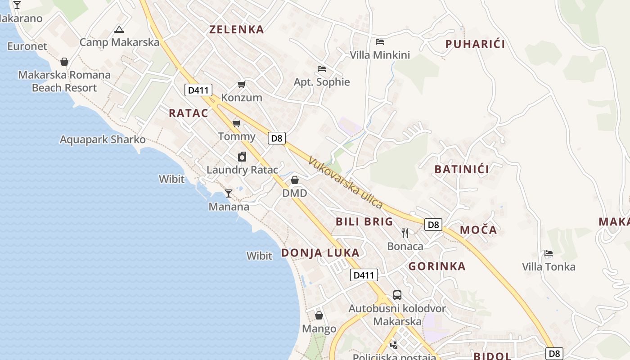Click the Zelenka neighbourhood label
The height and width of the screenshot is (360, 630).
(237, 30)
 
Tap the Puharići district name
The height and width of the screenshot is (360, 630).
(475, 44)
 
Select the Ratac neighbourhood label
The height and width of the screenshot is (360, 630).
(189, 113)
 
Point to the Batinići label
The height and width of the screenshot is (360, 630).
(462, 170)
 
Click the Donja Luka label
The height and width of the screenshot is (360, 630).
(320, 253)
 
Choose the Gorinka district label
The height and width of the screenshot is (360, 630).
(437, 266)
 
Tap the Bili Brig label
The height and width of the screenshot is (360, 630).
(364, 221)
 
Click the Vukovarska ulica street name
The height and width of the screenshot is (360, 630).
(346, 182)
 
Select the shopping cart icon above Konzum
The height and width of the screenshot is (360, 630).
(242, 84)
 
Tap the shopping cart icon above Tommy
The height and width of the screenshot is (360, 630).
(236, 123)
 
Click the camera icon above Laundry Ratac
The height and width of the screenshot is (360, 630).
(242, 157)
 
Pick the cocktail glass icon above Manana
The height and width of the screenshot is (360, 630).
(229, 193)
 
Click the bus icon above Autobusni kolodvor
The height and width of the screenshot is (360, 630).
(397, 295)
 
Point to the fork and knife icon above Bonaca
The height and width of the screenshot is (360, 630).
(405, 233)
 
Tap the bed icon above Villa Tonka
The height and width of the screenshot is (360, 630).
(548, 253)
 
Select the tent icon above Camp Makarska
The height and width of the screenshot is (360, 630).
(119, 30)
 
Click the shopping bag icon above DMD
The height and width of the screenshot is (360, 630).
(295, 180)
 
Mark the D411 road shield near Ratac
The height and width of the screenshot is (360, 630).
(198, 90)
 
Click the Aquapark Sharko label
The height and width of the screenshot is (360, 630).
(103, 139)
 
